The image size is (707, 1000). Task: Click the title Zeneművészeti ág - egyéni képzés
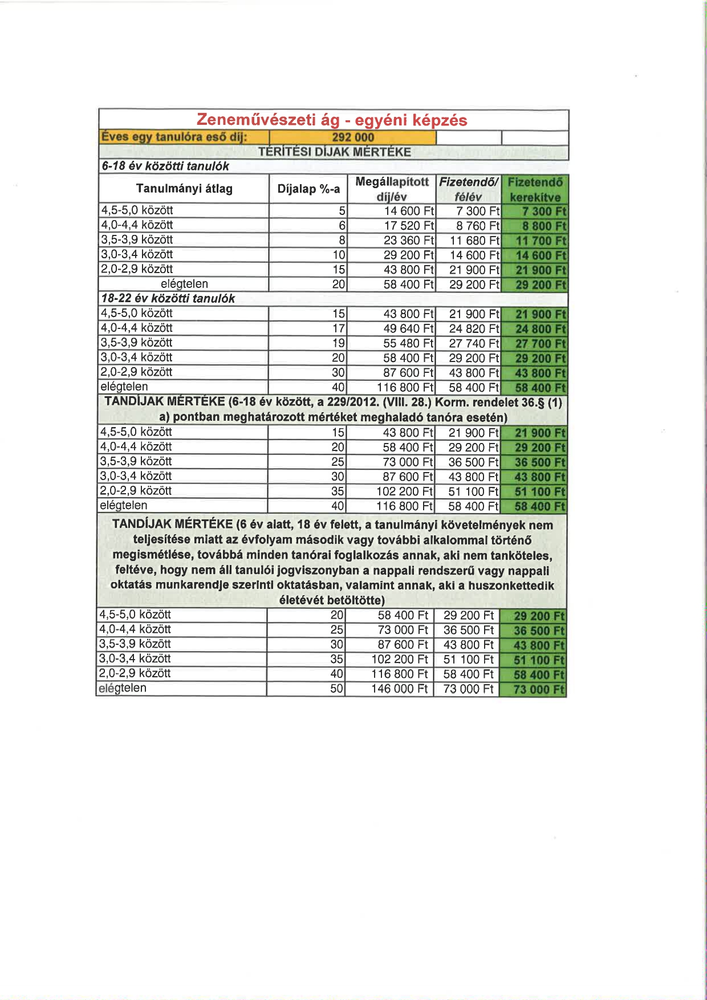[x=332, y=120]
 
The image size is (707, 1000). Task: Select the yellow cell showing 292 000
[x=353, y=137]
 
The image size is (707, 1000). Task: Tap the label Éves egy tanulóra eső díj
[x=174, y=137]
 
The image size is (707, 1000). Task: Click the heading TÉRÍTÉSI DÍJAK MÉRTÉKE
[x=334, y=152]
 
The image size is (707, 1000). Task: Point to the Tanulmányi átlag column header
[x=184, y=189]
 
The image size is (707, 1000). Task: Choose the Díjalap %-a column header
[x=308, y=189]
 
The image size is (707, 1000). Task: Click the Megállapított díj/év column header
[x=392, y=189]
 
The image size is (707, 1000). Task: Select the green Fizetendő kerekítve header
[x=535, y=189]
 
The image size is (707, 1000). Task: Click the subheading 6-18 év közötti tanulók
[x=165, y=166]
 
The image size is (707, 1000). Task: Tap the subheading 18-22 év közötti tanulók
[x=168, y=298]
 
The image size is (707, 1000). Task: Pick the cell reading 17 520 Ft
[x=409, y=226]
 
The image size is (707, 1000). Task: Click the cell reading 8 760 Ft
[x=477, y=226]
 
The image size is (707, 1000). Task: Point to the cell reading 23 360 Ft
[x=409, y=241]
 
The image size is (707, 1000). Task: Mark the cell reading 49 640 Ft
[x=409, y=329]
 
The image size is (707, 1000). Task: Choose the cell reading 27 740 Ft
[x=474, y=343]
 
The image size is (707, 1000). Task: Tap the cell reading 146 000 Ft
[x=399, y=689]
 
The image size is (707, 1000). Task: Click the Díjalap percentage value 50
[x=337, y=689]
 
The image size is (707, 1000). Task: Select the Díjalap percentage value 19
[x=339, y=343]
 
